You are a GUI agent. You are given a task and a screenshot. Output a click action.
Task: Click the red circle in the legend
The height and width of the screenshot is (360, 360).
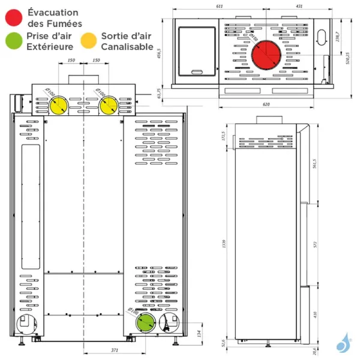(13, 17)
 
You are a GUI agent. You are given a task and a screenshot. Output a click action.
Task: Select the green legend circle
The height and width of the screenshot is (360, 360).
(13, 41)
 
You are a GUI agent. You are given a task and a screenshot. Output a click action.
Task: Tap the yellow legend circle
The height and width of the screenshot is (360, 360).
(89, 41)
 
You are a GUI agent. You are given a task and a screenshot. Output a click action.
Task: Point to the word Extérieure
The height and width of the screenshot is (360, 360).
(50, 47)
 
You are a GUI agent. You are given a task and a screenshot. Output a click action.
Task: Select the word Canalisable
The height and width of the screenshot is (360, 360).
(127, 47)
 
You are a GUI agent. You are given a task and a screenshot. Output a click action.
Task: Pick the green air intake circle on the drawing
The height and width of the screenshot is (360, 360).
(144, 322)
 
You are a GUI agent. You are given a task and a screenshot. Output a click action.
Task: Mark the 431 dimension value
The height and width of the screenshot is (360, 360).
(298, 6)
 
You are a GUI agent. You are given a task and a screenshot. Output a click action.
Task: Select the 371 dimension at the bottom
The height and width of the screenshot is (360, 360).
(115, 349)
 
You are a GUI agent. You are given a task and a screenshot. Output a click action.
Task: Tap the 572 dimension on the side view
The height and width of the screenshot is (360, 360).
(314, 245)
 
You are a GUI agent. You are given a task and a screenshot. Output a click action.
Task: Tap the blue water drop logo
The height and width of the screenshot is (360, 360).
(344, 343)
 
